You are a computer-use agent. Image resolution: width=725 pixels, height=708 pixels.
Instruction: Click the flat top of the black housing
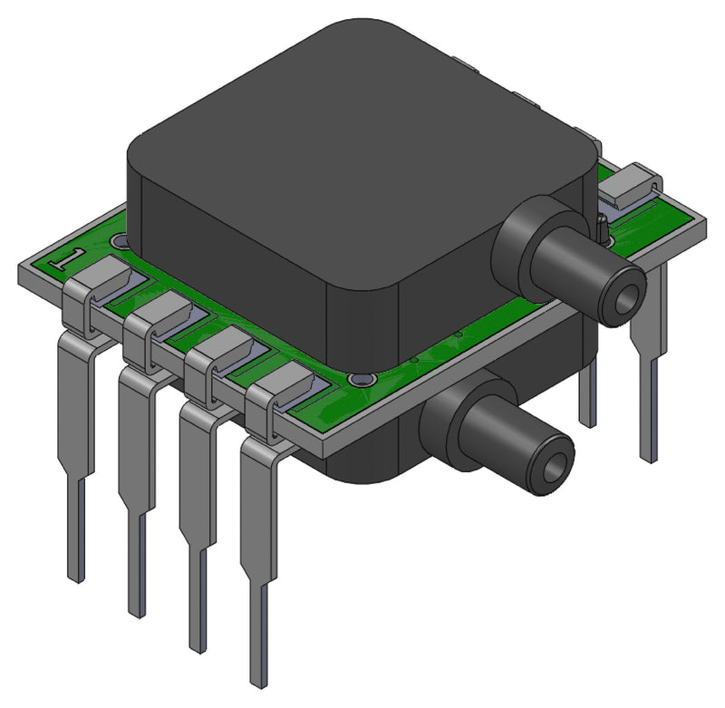[362, 136]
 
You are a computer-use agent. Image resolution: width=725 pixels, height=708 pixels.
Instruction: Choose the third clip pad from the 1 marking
[219, 349]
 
